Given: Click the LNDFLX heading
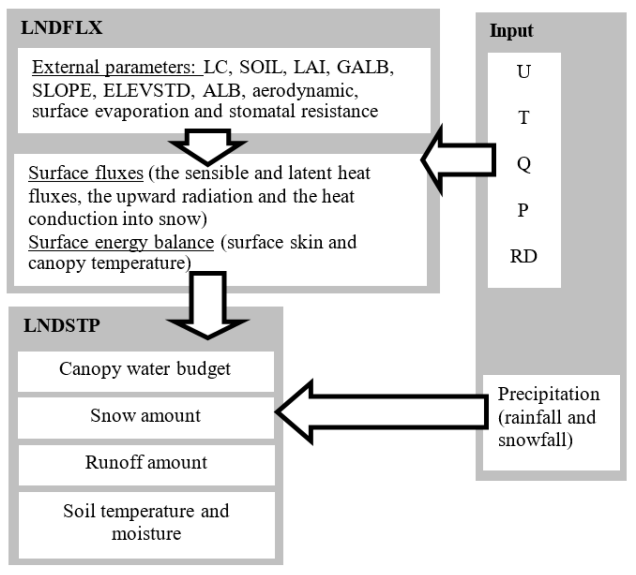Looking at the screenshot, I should click(x=61, y=28).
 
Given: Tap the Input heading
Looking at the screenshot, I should click(x=511, y=31).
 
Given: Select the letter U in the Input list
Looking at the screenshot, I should click(x=523, y=71).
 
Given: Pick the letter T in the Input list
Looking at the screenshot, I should click(x=524, y=118).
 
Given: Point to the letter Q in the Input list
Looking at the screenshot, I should click(x=524, y=164).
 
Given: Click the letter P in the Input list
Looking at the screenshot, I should click(x=523, y=210).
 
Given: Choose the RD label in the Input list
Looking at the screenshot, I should click(x=523, y=256).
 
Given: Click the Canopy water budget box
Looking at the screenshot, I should click(x=145, y=371).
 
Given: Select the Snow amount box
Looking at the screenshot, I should click(x=145, y=418).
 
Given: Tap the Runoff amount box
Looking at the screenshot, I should click(x=146, y=465).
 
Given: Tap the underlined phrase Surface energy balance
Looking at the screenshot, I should click(x=121, y=242).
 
